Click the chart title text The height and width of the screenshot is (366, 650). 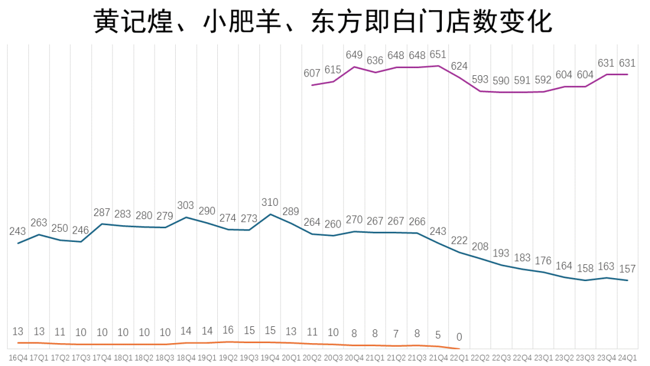[x=323, y=22]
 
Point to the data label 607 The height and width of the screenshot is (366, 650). [x=312, y=73]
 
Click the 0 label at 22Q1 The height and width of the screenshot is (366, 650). [x=459, y=337]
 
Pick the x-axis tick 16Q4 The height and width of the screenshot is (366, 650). [x=18, y=357]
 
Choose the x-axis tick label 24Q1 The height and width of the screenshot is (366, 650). [x=628, y=357]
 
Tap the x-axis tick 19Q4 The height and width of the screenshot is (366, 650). [x=270, y=357]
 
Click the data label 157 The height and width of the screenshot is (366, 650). [x=628, y=269]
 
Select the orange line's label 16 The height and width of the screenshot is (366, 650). [x=228, y=330]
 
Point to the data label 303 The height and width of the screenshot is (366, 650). [x=186, y=206]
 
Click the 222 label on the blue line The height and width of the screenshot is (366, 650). [x=459, y=241]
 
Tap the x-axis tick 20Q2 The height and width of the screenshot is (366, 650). [x=312, y=357]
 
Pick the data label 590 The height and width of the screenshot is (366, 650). [x=501, y=81]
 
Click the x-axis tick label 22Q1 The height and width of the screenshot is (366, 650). [x=459, y=357]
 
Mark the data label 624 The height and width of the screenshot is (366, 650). [x=459, y=66]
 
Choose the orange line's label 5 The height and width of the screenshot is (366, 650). [x=438, y=334]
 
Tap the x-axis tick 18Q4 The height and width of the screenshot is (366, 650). [x=186, y=357]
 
